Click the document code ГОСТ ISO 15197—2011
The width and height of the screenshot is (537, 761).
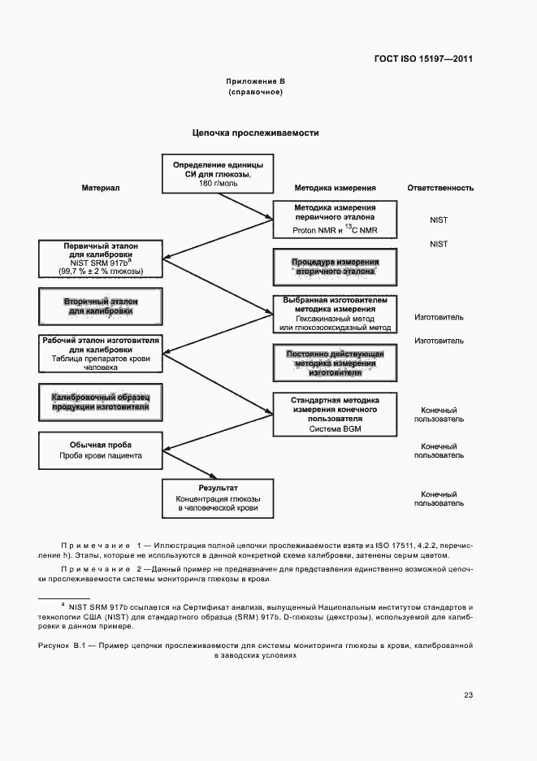tap(423, 59)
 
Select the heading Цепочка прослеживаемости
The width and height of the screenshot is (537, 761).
tap(255, 133)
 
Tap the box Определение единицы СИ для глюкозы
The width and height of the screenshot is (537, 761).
tap(216, 174)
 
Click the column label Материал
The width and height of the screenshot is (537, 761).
tap(101, 188)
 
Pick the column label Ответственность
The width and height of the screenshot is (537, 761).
tap(440, 188)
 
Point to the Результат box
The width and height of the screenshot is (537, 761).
tap(217, 496)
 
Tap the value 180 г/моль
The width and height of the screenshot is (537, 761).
tap(217, 185)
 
